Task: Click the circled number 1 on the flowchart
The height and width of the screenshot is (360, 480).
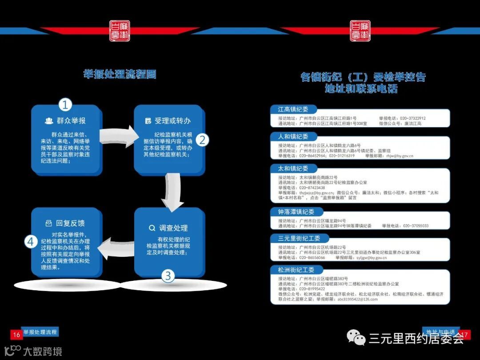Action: pyautogui.click(x=66, y=105)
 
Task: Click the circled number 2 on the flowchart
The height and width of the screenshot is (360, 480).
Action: pyautogui.click(x=202, y=140)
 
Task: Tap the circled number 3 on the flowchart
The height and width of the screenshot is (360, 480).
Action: pyautogui.click(x=168, y=276)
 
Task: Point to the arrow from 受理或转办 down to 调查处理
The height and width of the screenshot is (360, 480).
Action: pyautogui.click(x=172, y=191)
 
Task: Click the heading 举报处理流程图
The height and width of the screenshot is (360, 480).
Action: pyautogui.click(x=120, y=74)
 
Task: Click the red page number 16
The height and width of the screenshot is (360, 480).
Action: pyautogui.click(x=16, y=335)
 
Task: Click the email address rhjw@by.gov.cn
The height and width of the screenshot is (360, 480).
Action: pyautogui.click(x=399, y=156)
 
